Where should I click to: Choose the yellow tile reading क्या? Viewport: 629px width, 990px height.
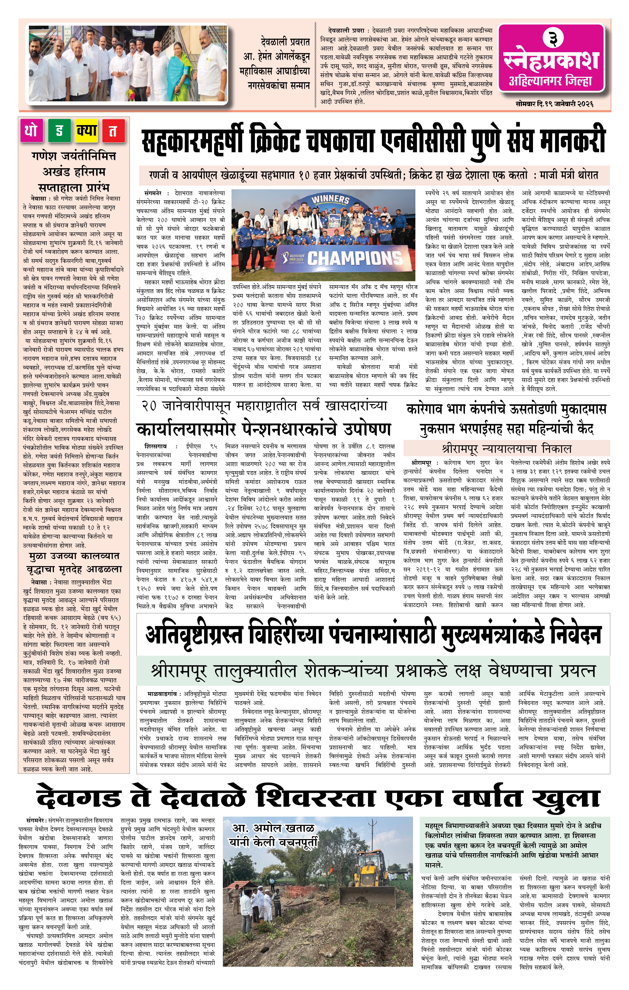[x=86, y=131]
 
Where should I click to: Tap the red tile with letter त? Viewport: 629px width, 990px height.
[x=112, y=131]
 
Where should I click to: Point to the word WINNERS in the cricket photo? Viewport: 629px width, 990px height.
[x=330, y=200]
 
